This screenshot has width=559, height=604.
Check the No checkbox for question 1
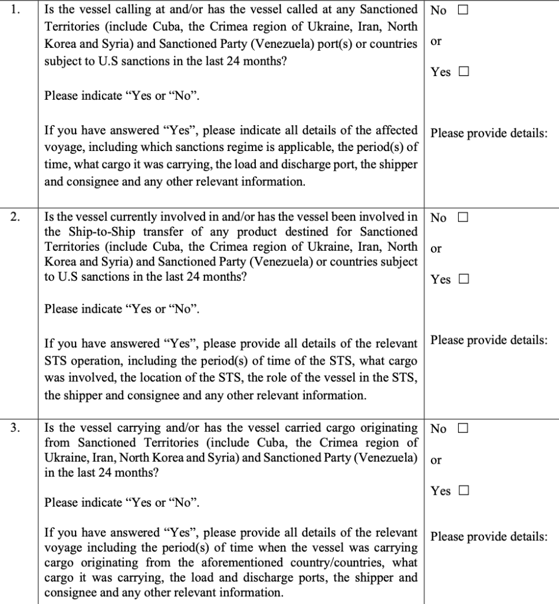pyautogui.click(x=462, y=10)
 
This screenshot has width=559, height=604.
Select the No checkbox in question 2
pyautogui.click(x=462, y=218)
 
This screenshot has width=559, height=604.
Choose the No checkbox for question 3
pyautogui.click(x=462, y=429)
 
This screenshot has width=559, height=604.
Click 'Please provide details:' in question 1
pyautogui.click(x=489, y=133)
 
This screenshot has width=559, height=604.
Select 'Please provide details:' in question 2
pyautogui.click(x=489, y=340)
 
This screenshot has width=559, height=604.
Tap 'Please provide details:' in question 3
pyautogui.click(x=489, y=537)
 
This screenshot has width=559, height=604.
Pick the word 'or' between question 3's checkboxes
pyautogui.click(x=436, y=460)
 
